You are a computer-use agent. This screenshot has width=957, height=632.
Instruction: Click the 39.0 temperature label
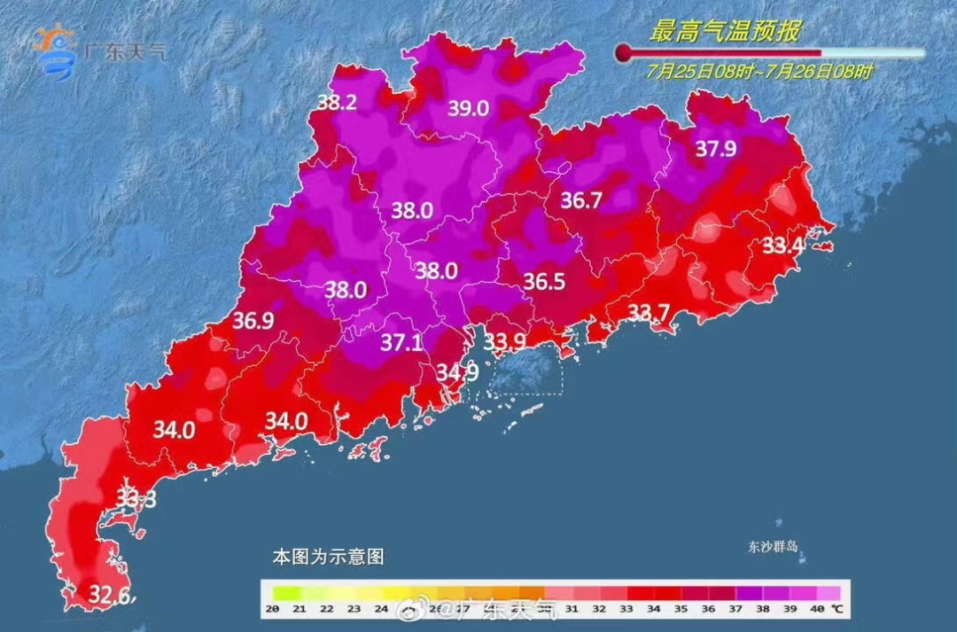coord(468,109)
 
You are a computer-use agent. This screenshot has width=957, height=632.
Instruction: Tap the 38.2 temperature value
coord(337,103)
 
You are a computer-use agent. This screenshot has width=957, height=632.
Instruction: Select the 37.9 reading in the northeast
coord(715,149)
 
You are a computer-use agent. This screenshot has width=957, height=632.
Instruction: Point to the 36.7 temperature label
coord(581,201)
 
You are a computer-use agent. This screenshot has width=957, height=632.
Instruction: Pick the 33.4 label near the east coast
coord(782,246)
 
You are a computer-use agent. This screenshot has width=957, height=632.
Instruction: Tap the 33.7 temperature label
coord(649,311)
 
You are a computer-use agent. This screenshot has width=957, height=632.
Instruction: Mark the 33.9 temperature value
coord(503,341)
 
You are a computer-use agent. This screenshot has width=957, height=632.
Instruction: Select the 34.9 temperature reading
coord(457,372)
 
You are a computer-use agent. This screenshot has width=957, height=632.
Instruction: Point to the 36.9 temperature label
coord(253,321)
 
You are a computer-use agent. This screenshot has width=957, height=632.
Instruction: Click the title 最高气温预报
coord(725,33)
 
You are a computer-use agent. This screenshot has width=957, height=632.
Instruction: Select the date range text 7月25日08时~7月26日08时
coord(759,72)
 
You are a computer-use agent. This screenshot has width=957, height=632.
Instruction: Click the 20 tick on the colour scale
coord(273,608)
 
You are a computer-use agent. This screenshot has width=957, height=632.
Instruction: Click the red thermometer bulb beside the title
coord(624,52)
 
